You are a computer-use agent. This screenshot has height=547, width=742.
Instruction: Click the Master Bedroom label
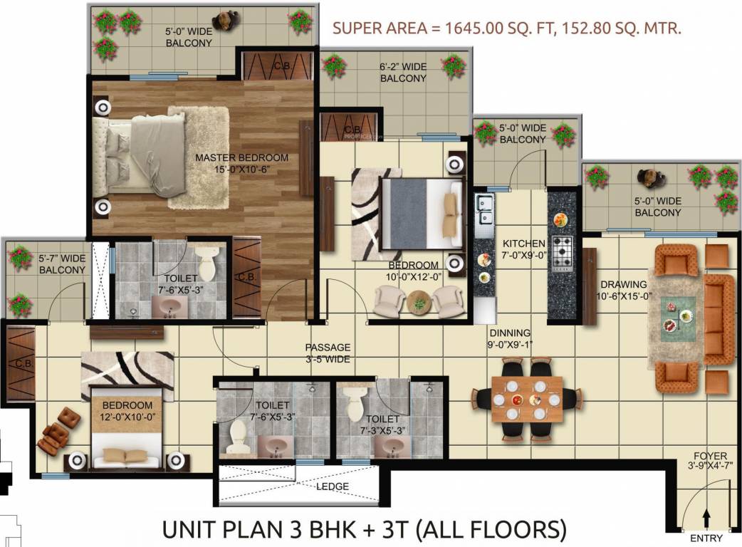click(x=241, y=163)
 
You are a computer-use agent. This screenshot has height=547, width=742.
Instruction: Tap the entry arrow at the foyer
click(x=706, y=516)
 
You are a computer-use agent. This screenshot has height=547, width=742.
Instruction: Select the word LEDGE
click(x=333, y=486)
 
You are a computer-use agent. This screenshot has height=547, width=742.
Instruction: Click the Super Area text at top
click(x=508, y=29)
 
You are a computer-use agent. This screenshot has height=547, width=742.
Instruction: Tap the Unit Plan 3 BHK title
click(x=364, y=530)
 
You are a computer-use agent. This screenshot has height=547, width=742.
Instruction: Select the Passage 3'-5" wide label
click(x=328, y=353)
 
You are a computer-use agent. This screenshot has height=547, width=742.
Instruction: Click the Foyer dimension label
click(x=710, y=462)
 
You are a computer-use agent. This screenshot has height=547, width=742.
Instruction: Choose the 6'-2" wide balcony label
click(x=403, y=73)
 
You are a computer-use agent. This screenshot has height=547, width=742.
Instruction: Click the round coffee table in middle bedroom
click(x=418, y=303)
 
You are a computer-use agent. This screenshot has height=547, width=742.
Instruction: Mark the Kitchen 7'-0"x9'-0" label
click(x=524, y=249)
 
